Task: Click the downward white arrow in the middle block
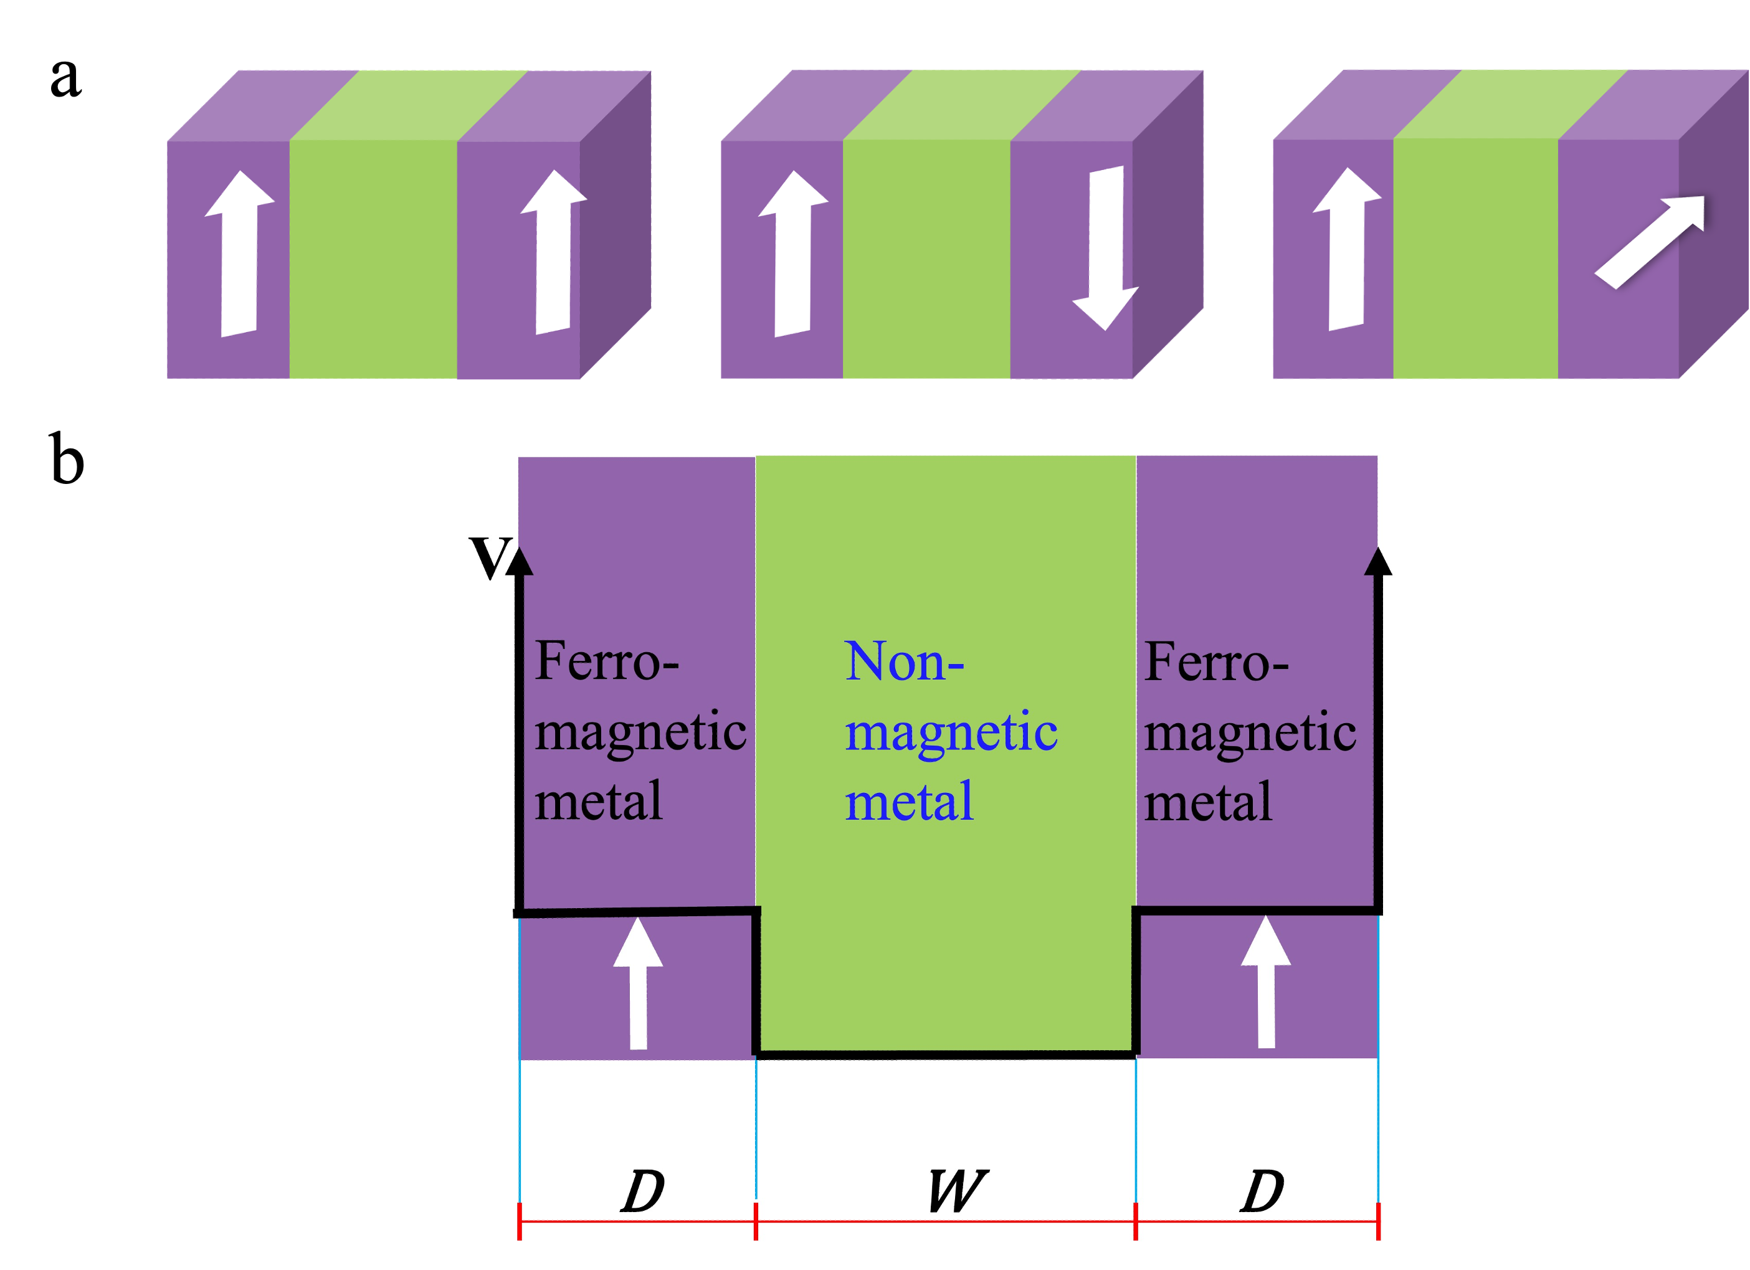click(1105, 247)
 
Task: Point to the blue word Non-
click(905, 662)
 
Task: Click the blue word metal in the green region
click(909, 802)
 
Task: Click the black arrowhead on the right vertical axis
click(1378, 561)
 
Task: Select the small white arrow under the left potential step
click(638, 983)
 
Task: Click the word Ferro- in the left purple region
click(606, 662)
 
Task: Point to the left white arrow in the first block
click(239, 253)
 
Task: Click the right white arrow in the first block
click(554, 252)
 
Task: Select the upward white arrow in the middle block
click(793, 253)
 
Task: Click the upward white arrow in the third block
click(1346, 249)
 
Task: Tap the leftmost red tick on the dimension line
click(520, 1221)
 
